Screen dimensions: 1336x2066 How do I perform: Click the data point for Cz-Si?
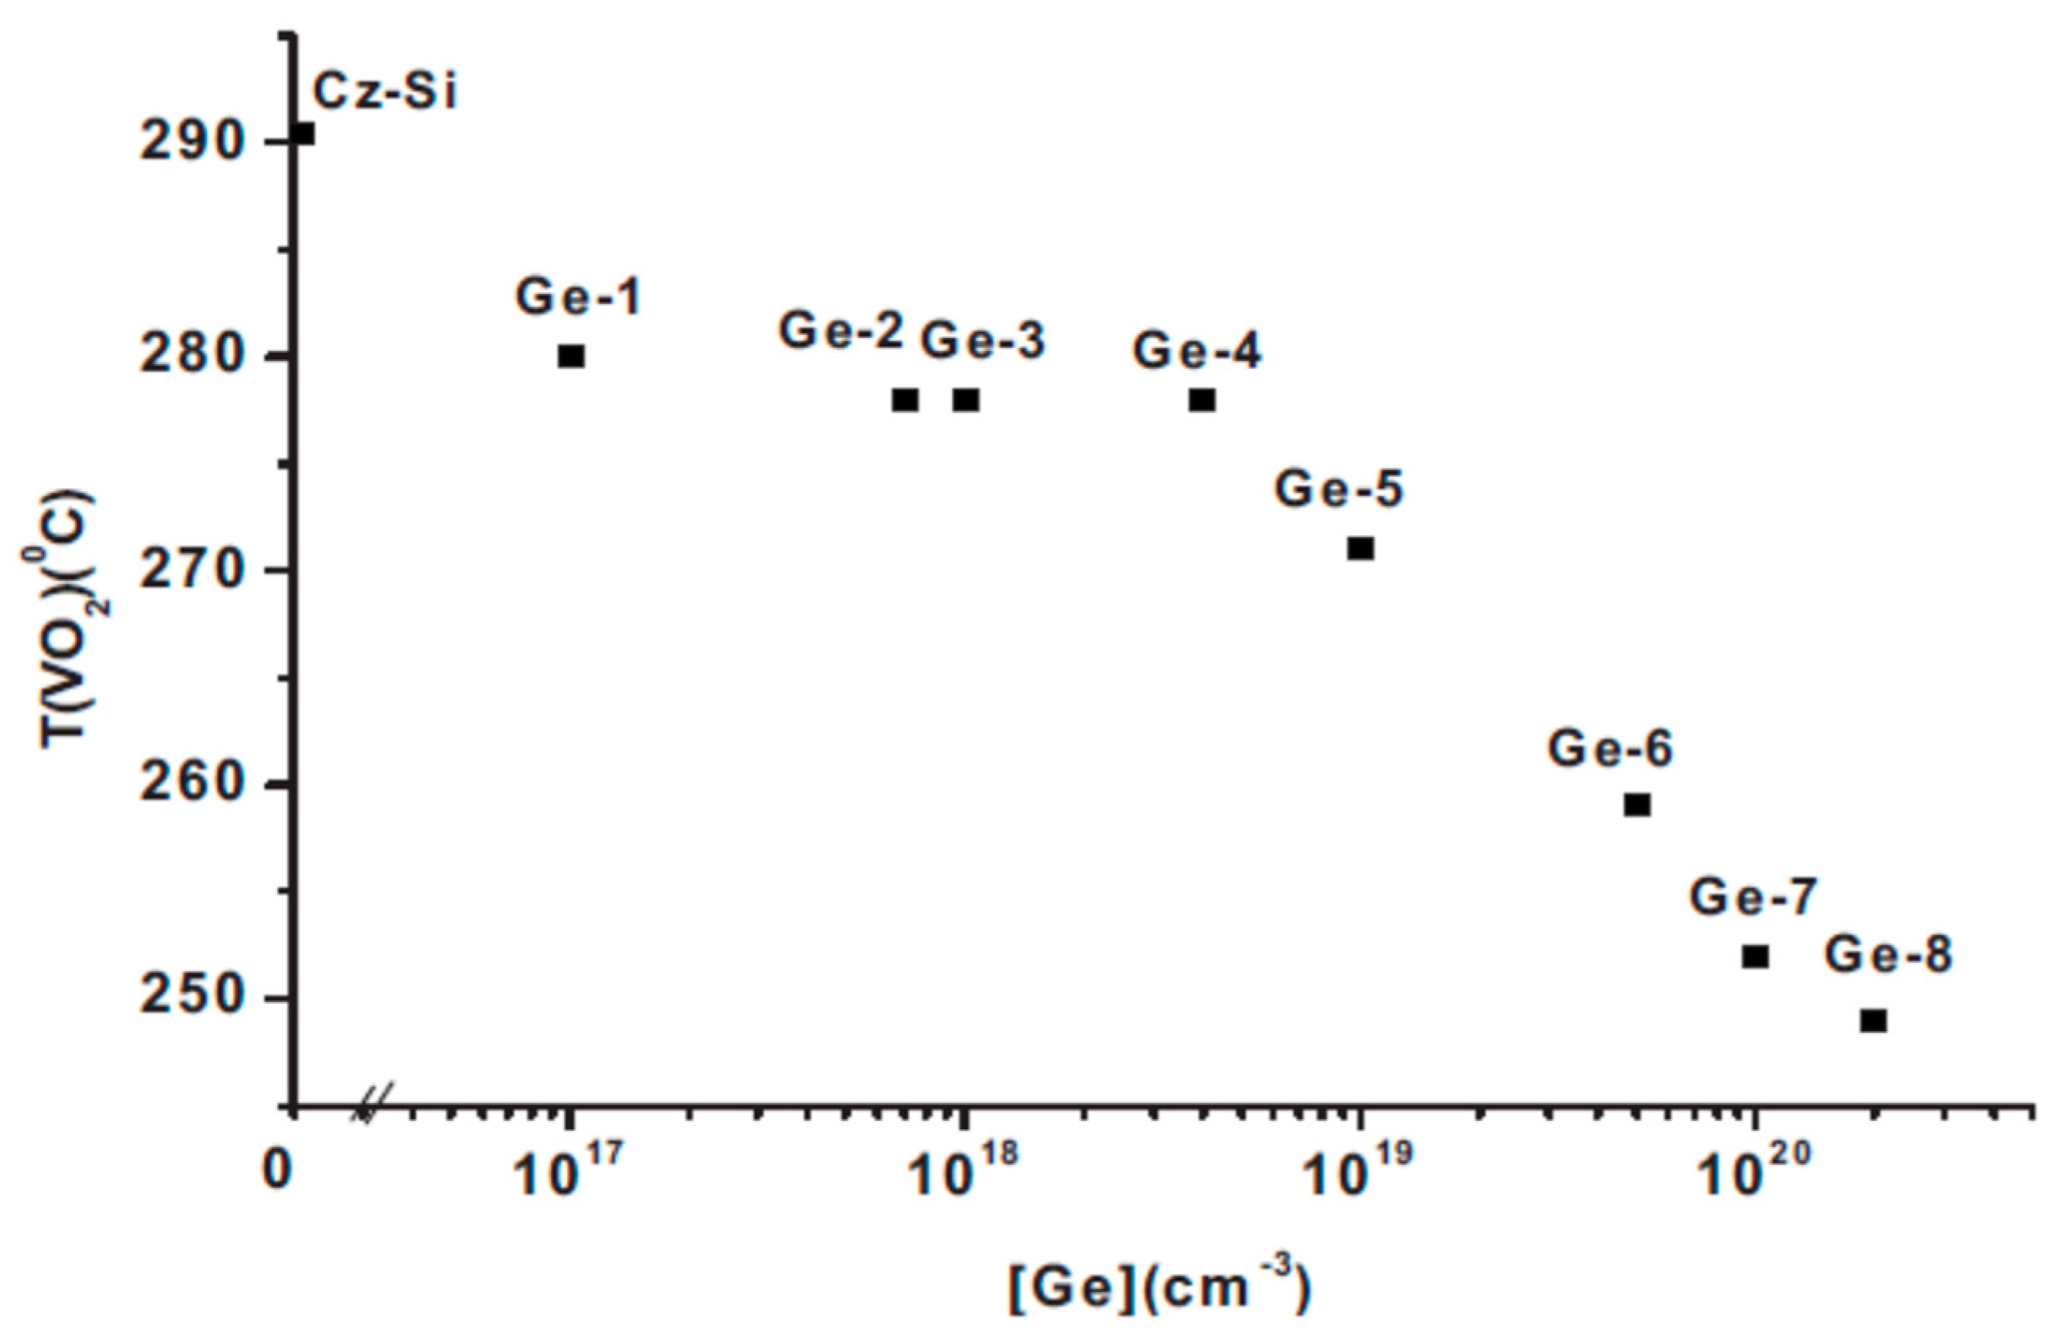pyautogui.click(x=303, y=134)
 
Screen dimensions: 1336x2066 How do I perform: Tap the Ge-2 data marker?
pyautogui.click(x=905, y=400)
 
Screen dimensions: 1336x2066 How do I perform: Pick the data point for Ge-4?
pyautogui.click(x=1202, y=400)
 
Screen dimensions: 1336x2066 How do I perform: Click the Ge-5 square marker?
pyautogui.click(x=1360, y=549)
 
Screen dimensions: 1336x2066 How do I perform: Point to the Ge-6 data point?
pyautogui.click(x=1637, y=805)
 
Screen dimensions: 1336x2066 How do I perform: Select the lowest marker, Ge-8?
pyautogui.click(x=1874, y=1021)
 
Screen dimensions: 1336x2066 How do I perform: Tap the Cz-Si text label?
pyautogui.click(x=384, y=92)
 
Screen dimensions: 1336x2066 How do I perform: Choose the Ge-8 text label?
pyautogui.click(x=1888, y=955)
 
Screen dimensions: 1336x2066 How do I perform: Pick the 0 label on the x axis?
pyautogui.click(x=277, y=1172)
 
